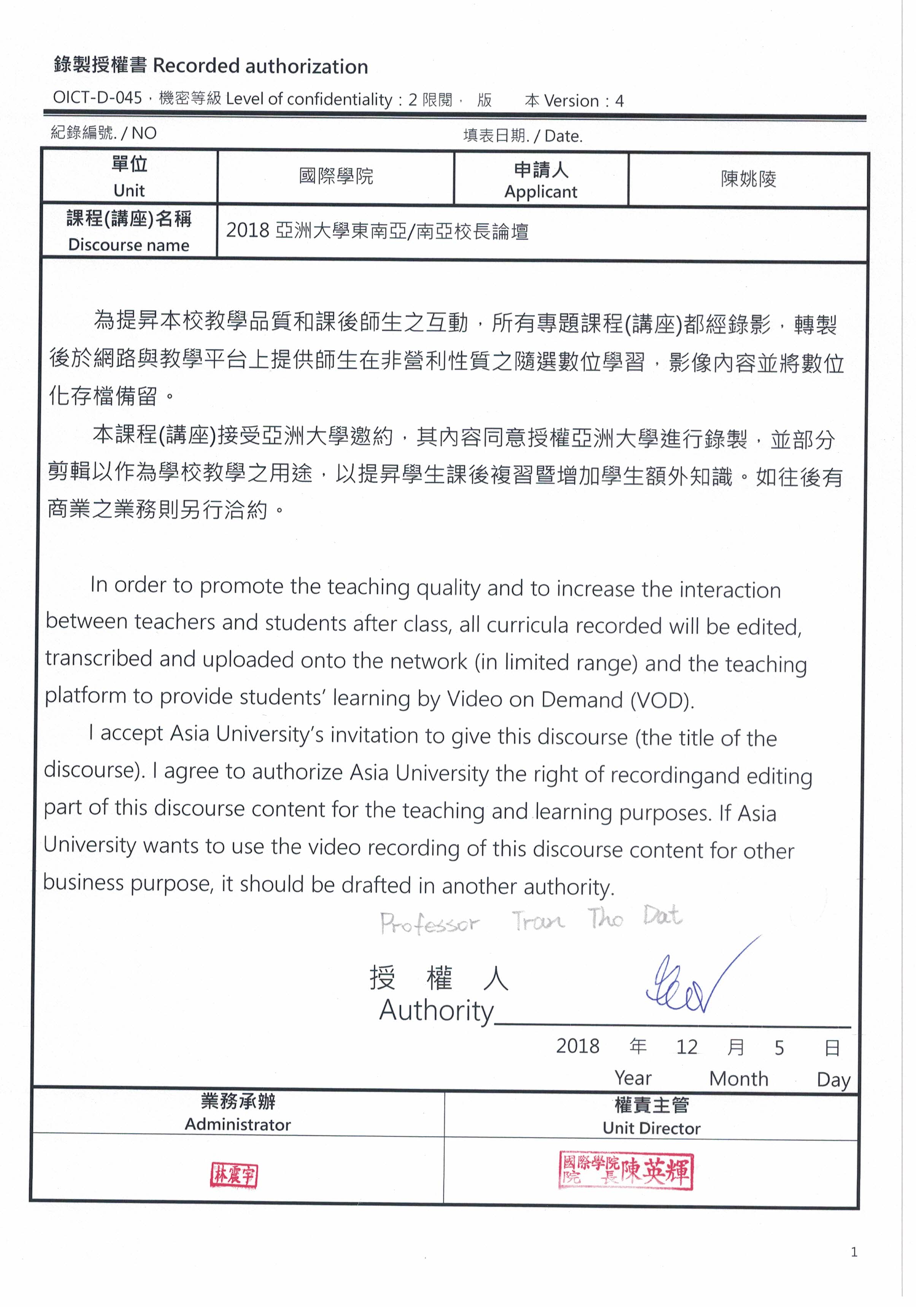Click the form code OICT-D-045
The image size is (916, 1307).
(x=97, y=97)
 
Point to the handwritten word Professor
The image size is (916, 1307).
(x=429, y=923)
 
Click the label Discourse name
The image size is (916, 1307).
(x=129, y=245)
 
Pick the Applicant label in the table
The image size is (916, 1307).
(x=540, y=192)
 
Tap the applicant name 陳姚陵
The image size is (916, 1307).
(x=748, y=179)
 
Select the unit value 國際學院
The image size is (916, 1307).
(x=336, y=176)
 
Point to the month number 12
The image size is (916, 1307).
(x=687, y=1047)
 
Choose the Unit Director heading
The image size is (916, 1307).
(x=651, y=1128)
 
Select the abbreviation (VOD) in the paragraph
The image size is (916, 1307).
(x=662, y=700)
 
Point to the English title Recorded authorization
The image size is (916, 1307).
(x=260, y=67)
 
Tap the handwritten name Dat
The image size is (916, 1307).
(x=662, y=916)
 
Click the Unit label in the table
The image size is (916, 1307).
(x=129, y=190)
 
